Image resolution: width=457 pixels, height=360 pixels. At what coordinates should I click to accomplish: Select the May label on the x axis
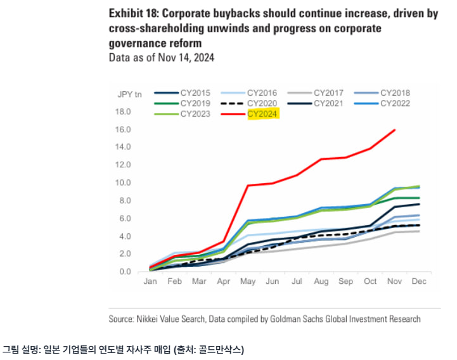coord(249,281)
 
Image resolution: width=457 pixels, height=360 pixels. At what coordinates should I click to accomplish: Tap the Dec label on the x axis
coord(420,281)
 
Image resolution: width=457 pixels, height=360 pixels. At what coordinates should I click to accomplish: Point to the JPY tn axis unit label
coord(129,94)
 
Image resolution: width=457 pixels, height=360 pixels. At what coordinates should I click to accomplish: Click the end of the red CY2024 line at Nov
coord(395,130)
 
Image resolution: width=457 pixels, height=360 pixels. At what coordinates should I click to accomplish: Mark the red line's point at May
coord(248,185)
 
